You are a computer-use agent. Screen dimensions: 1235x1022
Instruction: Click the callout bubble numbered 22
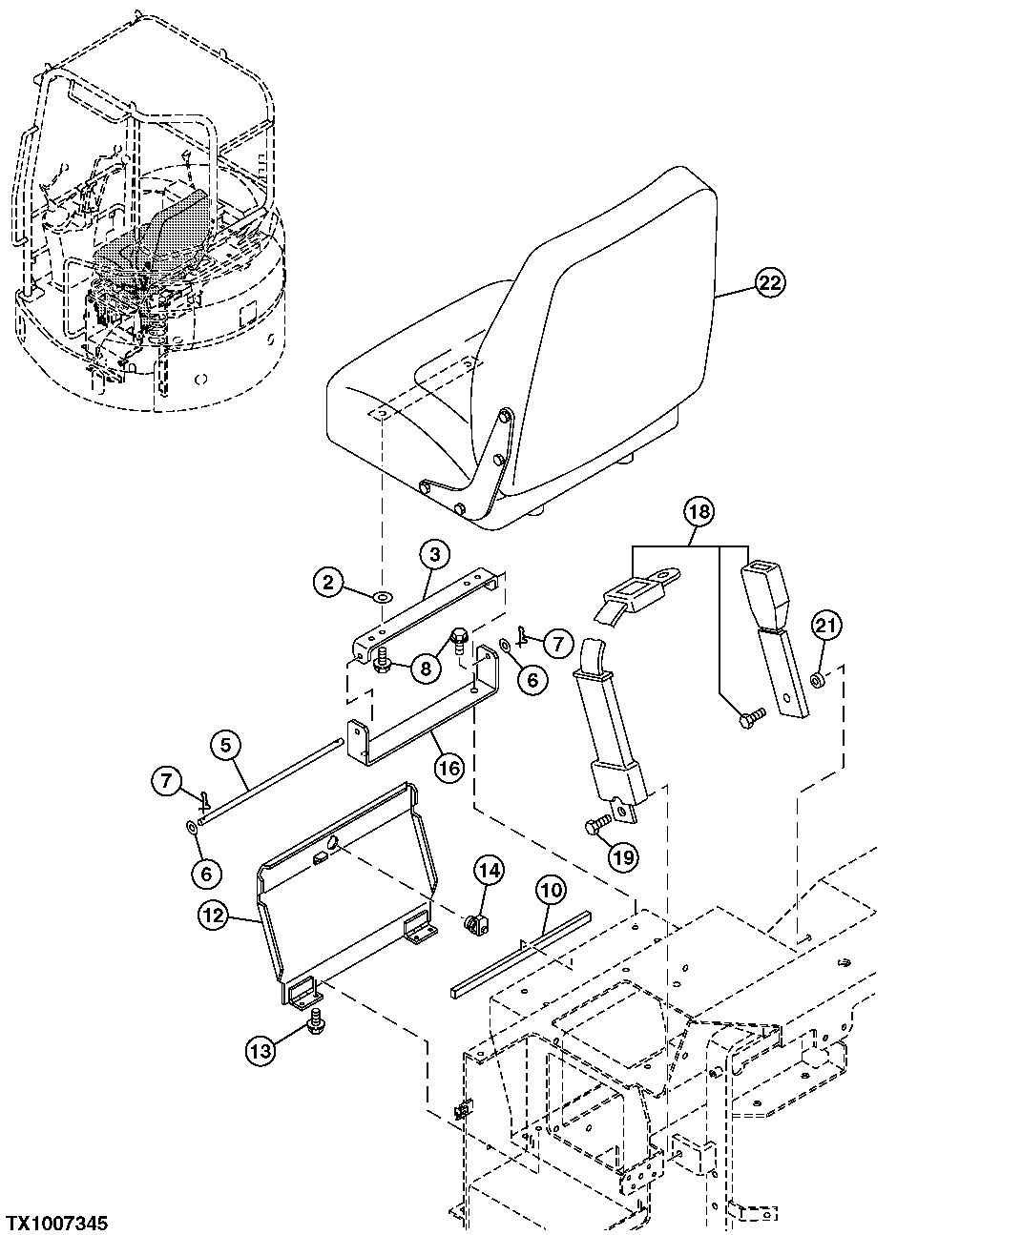[x=770, y=282]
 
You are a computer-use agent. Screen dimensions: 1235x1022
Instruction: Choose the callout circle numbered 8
[x=427, y=669]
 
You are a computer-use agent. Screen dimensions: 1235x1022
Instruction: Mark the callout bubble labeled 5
[x=226, y=746]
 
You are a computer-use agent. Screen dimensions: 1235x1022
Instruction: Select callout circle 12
[x=212, y=916]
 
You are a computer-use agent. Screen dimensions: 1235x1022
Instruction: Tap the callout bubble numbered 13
[x=261, y=1051]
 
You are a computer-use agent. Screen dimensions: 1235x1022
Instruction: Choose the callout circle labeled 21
[x=826, y=626]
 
